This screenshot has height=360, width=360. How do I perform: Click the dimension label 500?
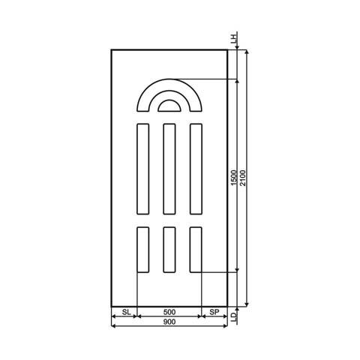pos(169,311)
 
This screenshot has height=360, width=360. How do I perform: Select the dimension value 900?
pos(169,322)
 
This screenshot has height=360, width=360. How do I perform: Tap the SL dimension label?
pos(125,311)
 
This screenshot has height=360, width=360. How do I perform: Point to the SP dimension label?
pos(214,311)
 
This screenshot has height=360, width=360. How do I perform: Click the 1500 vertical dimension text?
pos(234,178)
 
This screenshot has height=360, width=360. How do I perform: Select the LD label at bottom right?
pos(234,318)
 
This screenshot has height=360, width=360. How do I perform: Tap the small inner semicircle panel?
pos(169,105)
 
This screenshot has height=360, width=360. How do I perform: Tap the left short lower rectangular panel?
pos(142,249)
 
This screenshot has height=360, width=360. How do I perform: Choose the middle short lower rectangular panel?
pos(169,249)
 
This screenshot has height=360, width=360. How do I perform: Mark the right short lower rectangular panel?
pos(196,249)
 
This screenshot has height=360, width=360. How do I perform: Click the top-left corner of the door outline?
pos(111,49)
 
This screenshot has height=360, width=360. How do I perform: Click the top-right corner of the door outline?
pos(227,49)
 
